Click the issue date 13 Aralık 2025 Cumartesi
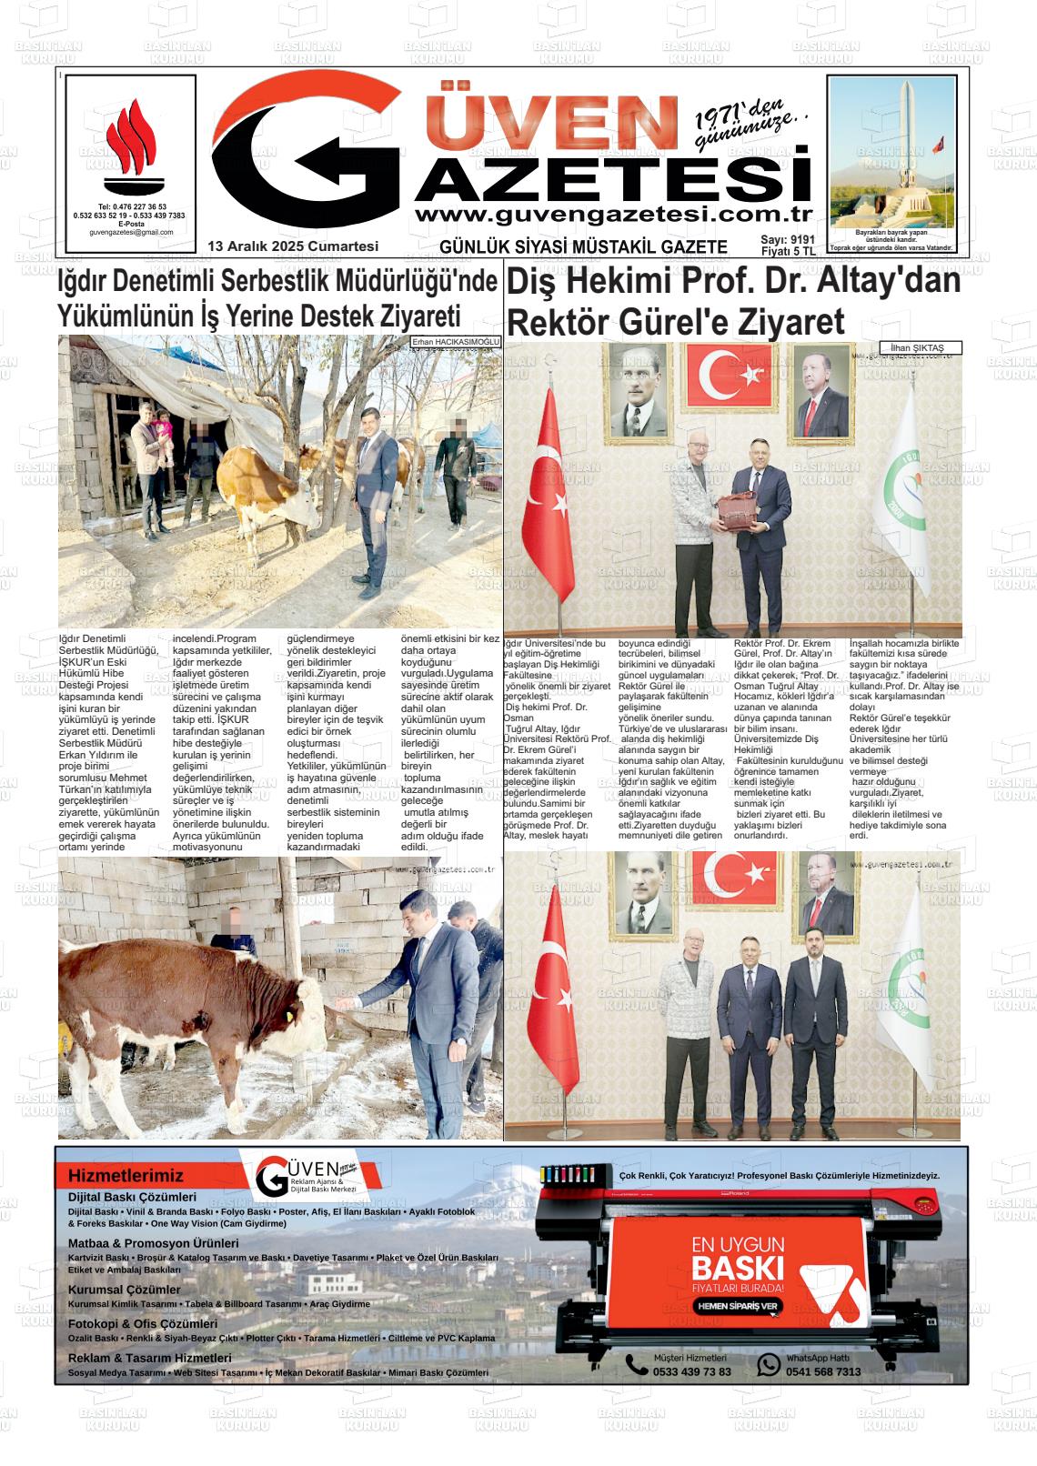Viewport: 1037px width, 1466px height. click(292, 246)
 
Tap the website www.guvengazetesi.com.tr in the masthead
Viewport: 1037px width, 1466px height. click(612, 215)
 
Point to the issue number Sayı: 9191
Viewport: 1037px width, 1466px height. click(788, 240)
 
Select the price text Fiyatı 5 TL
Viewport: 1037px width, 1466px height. click(788, 251)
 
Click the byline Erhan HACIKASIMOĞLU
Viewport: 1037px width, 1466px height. click(456, 342)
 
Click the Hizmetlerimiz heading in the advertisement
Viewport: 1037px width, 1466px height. click(126, 1176)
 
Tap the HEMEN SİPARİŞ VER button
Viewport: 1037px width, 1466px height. click(737, 1305)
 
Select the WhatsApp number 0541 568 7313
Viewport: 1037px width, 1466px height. click(822, 1372)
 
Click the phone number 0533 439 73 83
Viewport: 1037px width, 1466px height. click(691, 1372)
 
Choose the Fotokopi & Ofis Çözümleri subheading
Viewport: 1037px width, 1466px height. click(143, 1324)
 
